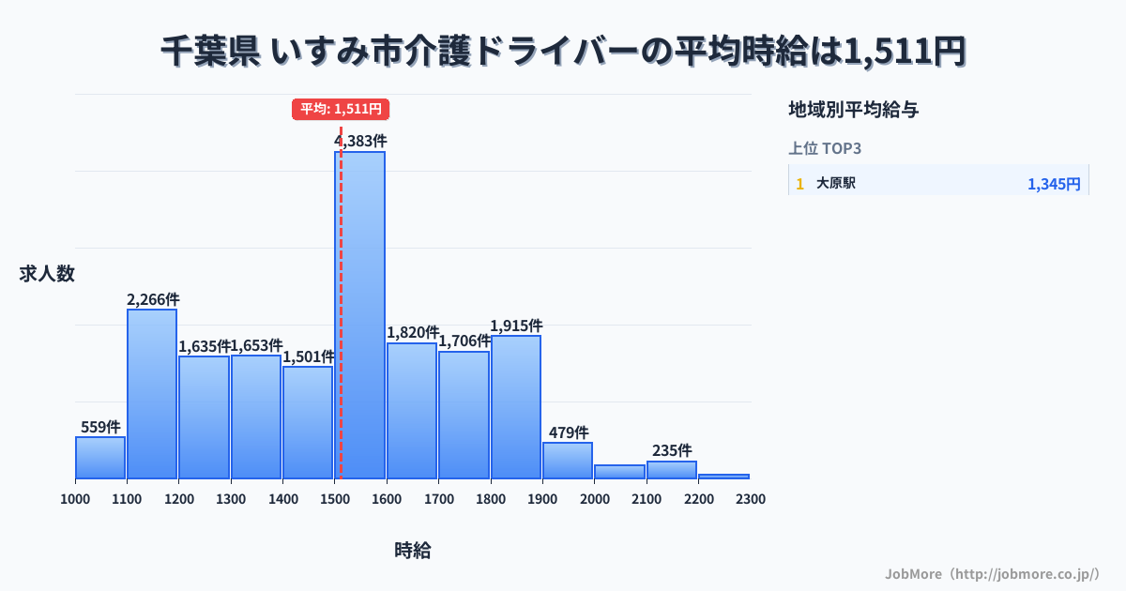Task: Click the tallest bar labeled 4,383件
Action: pos(359,314)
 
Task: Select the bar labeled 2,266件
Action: pos(152,394)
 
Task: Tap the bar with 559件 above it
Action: pos(100,458)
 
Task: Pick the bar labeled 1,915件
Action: pos(515,407)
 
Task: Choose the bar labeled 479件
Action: pos(567,461)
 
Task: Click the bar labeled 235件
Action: pos(671,470)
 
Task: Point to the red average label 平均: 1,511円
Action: pos(341,109)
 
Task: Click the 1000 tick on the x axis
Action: pos(75,499)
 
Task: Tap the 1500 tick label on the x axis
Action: pos(335,499)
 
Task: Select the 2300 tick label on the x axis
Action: pos(751,499)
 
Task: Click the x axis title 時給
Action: pos(413,551)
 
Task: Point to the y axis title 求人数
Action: pos(47,274)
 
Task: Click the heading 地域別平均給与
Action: pos(853,110)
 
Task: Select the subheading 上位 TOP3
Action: pos(825,148)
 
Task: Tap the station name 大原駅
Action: pos(836,184)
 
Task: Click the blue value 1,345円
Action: pos(1054,184)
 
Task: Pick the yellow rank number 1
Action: pos(799,184)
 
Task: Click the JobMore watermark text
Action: pos(992,573)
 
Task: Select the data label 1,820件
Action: pos(412,332)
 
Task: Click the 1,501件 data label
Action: pos(308,356)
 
